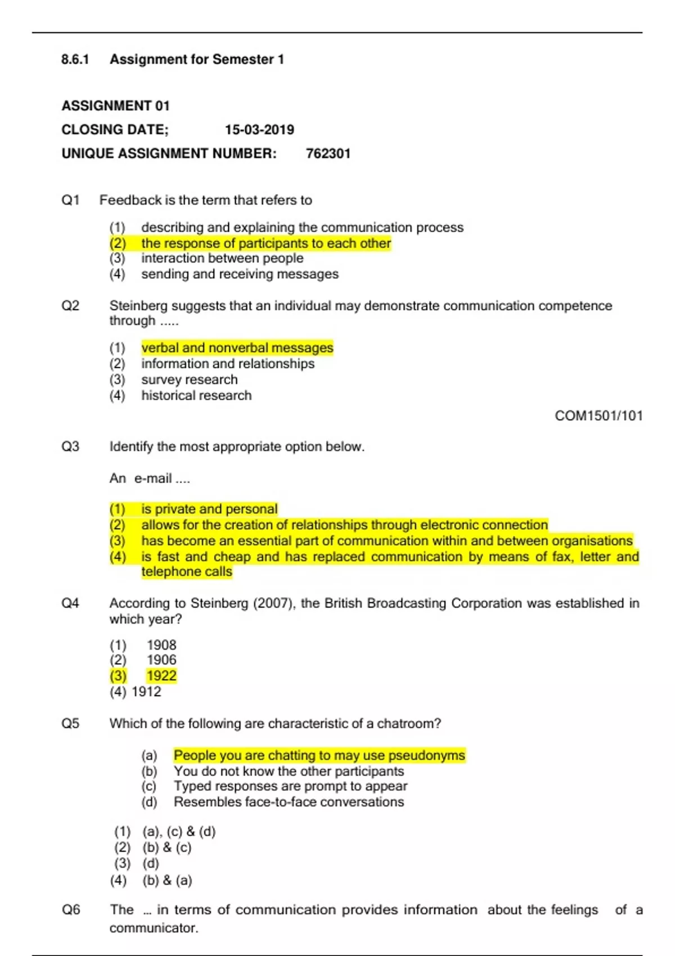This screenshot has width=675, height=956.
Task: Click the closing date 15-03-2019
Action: tap(259, 130)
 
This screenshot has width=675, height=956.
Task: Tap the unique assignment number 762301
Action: tap(328, 154)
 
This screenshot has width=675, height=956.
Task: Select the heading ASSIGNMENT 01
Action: tap(115, 106)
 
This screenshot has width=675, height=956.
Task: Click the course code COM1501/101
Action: tap(598, 416)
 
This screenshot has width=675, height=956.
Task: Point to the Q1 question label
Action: tap(71, 200)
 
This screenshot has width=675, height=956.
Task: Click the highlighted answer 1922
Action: tap(161, 676)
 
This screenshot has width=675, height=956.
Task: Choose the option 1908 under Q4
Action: tap(161, 645)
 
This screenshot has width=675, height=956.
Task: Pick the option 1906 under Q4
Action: tap(161, 660)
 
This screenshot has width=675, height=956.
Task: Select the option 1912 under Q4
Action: tap(146, 692)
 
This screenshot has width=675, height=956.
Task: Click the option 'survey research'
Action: tap(189, 380)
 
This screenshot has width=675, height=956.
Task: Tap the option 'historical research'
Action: tap(196, 395)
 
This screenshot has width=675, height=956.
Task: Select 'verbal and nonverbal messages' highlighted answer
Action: tap(237, 348)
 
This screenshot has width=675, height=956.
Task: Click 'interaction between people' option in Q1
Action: tap(222, 258)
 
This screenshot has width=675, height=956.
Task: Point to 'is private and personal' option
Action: tap(209, 509)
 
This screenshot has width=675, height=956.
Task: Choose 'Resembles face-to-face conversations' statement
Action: tap(289, 802)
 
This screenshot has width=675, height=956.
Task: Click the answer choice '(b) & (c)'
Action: tap(166, 847)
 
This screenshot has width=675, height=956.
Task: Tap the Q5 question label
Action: tap(71, 724)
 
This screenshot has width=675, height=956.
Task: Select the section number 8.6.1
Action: tap(75, 60)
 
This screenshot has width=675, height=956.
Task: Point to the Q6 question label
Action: tap(71, 910)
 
